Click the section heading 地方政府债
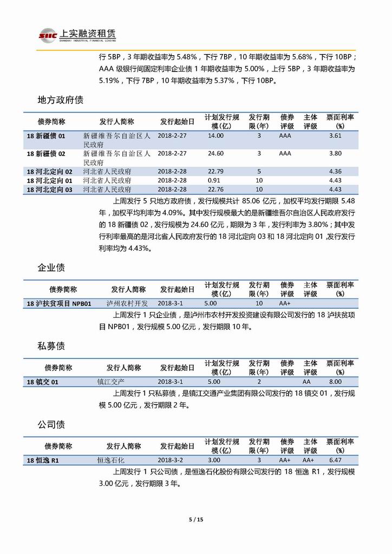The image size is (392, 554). coord(60,101)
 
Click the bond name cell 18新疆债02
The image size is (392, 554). coord(46,153)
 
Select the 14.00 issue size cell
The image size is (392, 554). coord(215,136)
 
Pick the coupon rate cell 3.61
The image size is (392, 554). coord(335,136)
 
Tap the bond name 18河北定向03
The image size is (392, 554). coord(49,190)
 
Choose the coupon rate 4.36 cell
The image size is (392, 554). coord(335,172)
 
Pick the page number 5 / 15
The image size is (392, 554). coord(195,520)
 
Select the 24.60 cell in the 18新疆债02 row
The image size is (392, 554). coord(215,153)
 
